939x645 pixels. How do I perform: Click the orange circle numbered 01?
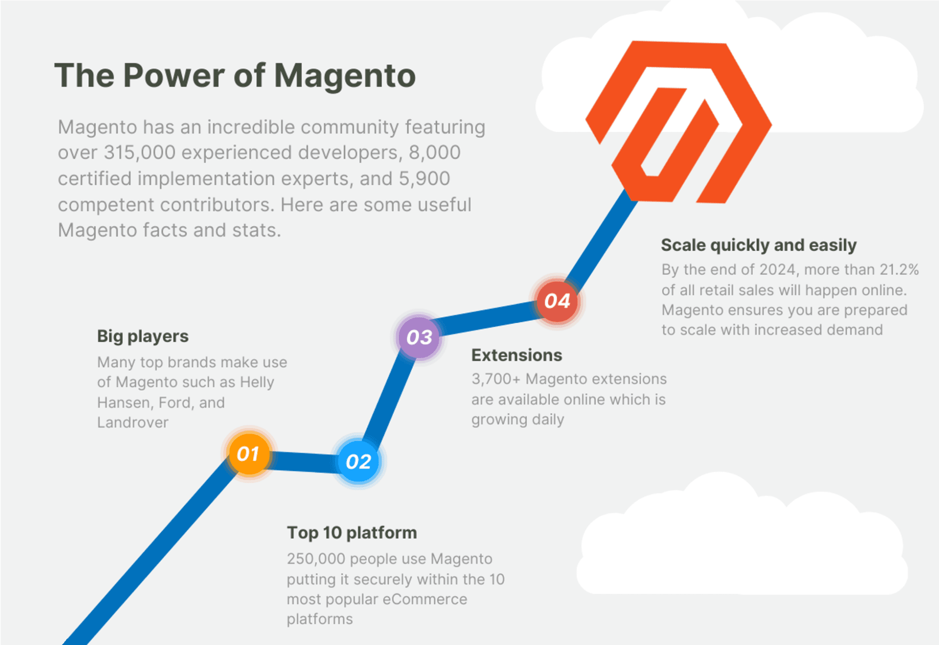tap(249, 454)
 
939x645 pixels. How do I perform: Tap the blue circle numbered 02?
tap(359, 461)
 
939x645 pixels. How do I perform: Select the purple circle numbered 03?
tap(419, 337)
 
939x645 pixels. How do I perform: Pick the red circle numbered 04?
tap(558, 301)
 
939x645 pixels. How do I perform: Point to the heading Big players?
tap(143, 336)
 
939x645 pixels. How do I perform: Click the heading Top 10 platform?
tap(352, 533)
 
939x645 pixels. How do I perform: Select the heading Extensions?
tap(517, 355)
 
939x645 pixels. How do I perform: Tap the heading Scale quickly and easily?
tap(759, 245)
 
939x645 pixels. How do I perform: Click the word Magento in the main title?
tap(345, 75)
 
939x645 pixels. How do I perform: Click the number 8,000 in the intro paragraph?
tap(434, 153)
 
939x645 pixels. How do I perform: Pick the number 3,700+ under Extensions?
tap(496, 379)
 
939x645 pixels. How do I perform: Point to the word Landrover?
tap(133, 422)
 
